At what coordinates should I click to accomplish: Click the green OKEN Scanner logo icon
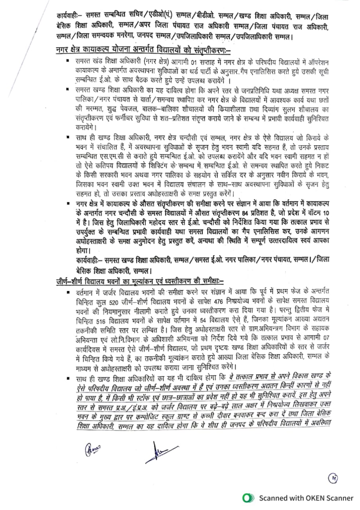click(x=249, y=498)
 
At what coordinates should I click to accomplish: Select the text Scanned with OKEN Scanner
click(x=306, y=498)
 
